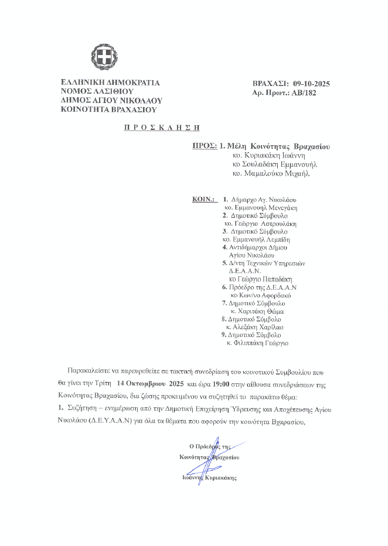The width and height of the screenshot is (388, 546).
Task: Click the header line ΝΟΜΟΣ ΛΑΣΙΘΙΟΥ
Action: [97, 91]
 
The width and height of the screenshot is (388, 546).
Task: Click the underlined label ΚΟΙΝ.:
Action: [204, 199]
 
